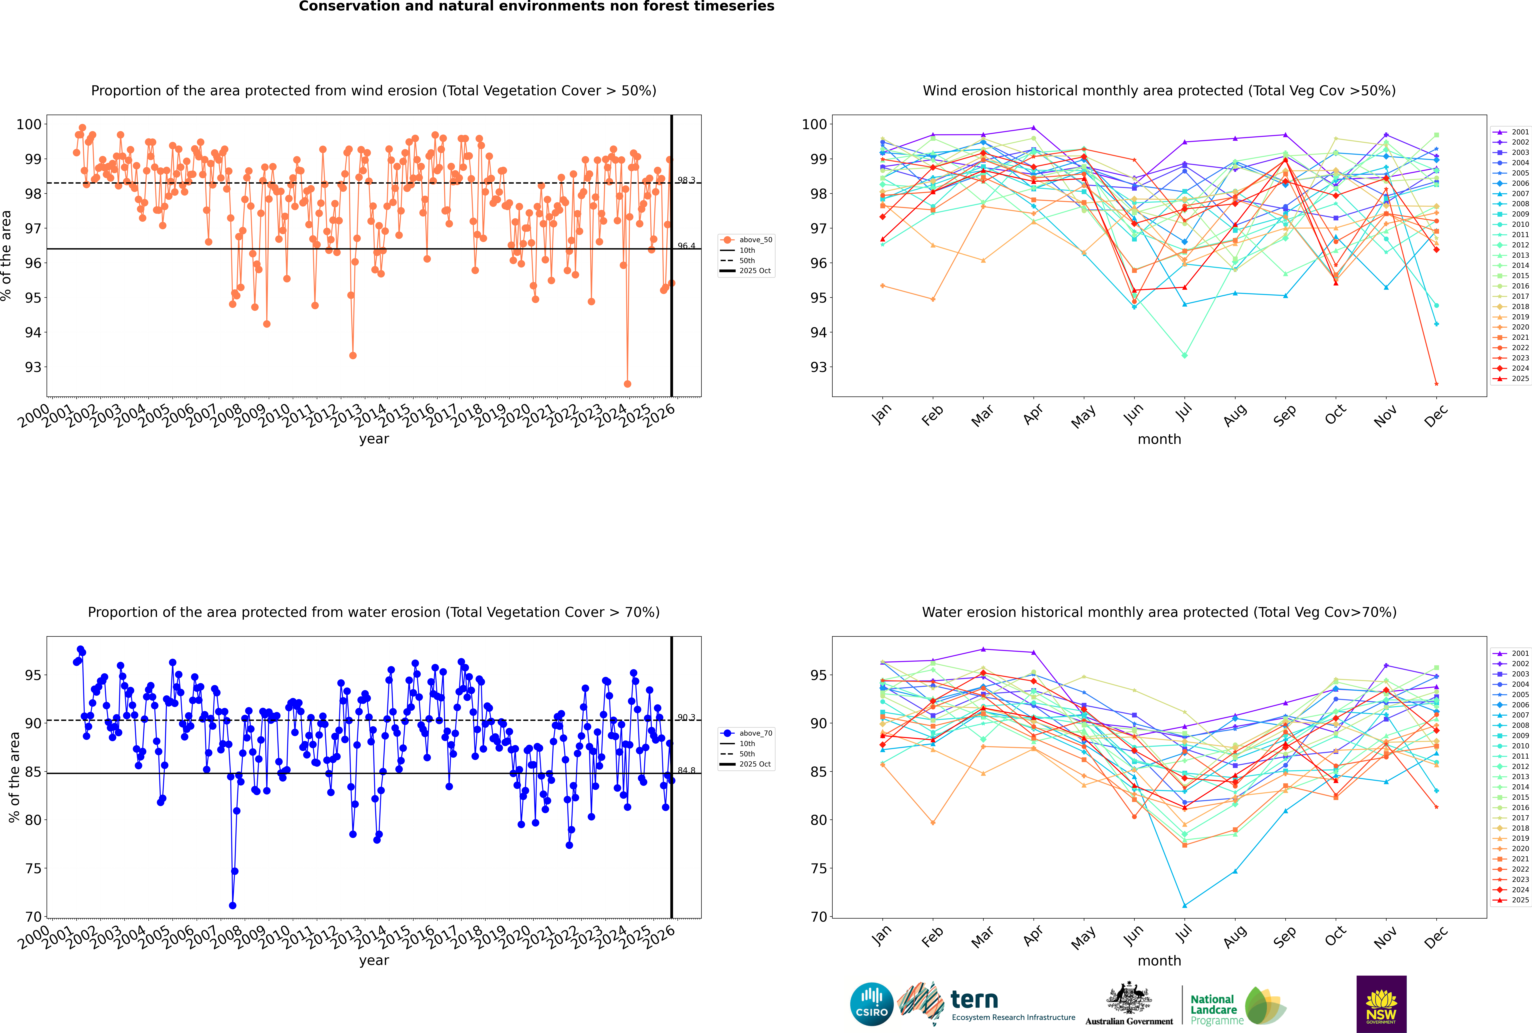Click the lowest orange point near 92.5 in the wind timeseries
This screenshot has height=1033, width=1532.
(627, 383)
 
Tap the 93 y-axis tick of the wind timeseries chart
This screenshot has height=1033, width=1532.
(33, 367)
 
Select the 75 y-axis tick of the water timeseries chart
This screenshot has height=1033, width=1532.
(33, 868)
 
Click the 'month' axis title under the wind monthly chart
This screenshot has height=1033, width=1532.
(1159, 439)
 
